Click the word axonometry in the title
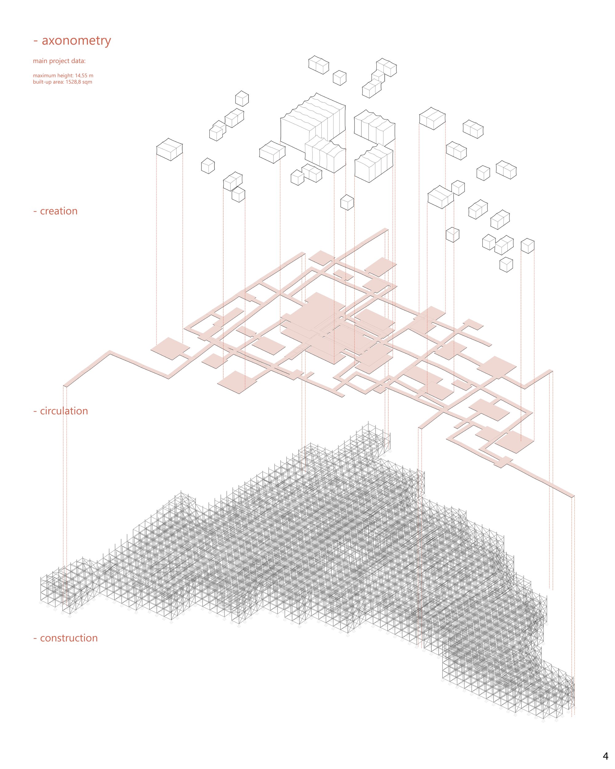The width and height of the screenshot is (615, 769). (76, 41)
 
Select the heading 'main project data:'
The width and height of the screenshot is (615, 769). (59, 61)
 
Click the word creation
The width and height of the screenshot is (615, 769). (58, 211)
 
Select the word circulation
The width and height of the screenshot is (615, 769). (64, 411)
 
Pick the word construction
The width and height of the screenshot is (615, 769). (69, 638)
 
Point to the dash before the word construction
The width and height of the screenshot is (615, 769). (35, 639)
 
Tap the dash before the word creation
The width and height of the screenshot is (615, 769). (35, 212)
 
